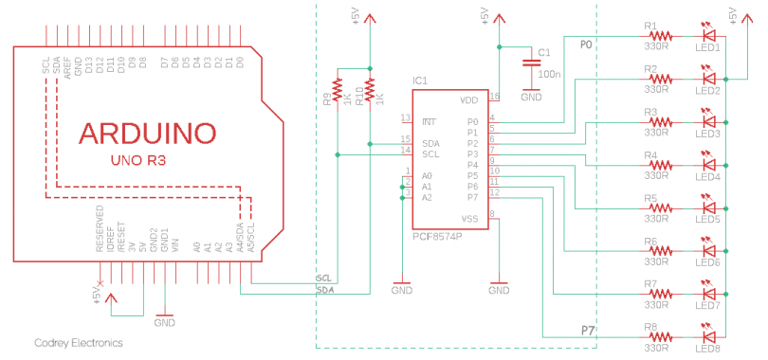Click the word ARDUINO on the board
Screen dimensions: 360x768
(x=147, y=132)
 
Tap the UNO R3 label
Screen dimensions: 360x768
(x=138, y=161)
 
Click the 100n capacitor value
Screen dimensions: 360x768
(x=549, y=73)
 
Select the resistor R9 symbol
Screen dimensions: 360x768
(x=338, y=96)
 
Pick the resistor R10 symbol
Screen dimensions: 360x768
(x=368, y=96)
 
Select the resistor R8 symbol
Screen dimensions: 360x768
(x=657, y=335)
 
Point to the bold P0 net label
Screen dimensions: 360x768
(x=586, y=45)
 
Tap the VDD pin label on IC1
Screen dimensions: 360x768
(x=468, y=99)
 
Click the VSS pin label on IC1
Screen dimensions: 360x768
(x=468, y=219)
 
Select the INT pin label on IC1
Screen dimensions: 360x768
(x=430, y=121)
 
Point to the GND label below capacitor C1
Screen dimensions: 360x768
(x=531, y=97)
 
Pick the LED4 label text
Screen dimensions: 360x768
(x=707, y=176)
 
